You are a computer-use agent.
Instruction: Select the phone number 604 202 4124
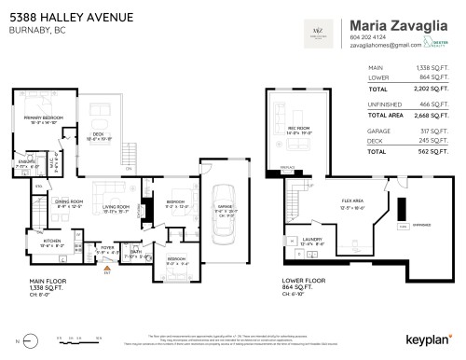(x=365, y=36)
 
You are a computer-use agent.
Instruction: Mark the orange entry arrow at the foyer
(x=107, y=271)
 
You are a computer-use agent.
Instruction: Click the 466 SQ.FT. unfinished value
(x=433, y=104)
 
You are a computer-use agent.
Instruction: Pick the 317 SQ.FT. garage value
(x=433, y=131)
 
